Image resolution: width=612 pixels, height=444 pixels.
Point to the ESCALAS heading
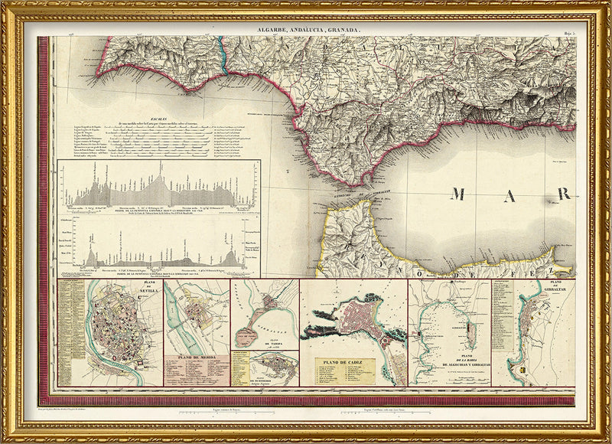pyautogui.click(x=161, y=119)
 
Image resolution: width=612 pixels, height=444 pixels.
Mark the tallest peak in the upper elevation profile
pyautogui.click(x=161, y=166)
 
